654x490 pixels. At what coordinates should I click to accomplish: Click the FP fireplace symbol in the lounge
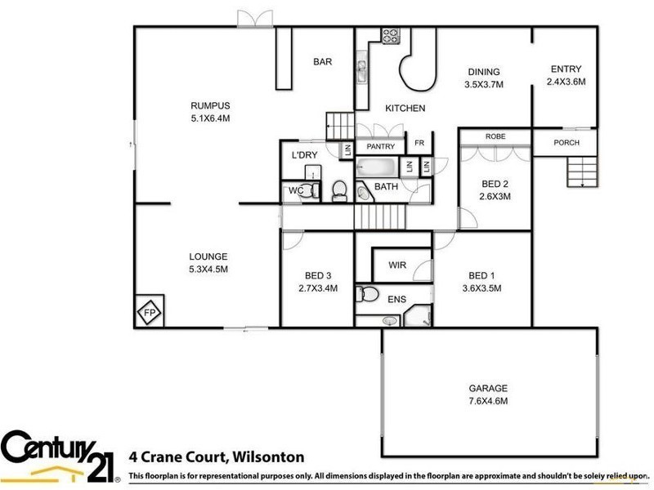tap(150, 311)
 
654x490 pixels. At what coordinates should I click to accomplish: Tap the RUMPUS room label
tap(210, 105)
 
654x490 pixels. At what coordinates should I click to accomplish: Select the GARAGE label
tap(488, 388)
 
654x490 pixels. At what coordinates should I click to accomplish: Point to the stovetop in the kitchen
tap(389, 36)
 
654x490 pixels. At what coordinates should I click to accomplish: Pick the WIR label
tap(398, 265)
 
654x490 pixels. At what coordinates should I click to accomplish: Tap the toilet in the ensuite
tap(367, 294)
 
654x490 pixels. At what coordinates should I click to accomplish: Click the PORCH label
tap(567, 143)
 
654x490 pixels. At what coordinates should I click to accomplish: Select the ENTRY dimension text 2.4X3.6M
tap(566, 82)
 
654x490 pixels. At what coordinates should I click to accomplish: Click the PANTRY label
tap(380, 147)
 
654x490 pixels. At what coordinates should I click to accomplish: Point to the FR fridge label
tap(419, 143)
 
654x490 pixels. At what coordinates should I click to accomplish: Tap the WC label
tap(296, 191)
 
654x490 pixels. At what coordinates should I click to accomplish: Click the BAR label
tap(322, 61)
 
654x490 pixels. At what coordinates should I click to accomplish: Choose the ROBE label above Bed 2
tap(494, 136)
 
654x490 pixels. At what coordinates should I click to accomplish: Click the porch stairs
tap(583, 171)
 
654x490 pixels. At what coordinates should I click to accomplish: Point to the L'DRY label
tap(304, 155)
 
